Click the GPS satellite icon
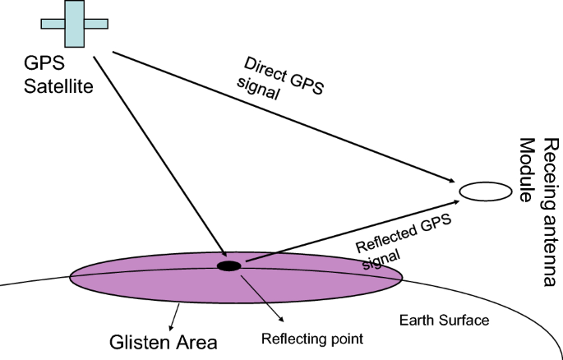coord(72,24)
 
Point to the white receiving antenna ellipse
coord(485,192)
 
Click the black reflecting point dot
coord(228,265)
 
